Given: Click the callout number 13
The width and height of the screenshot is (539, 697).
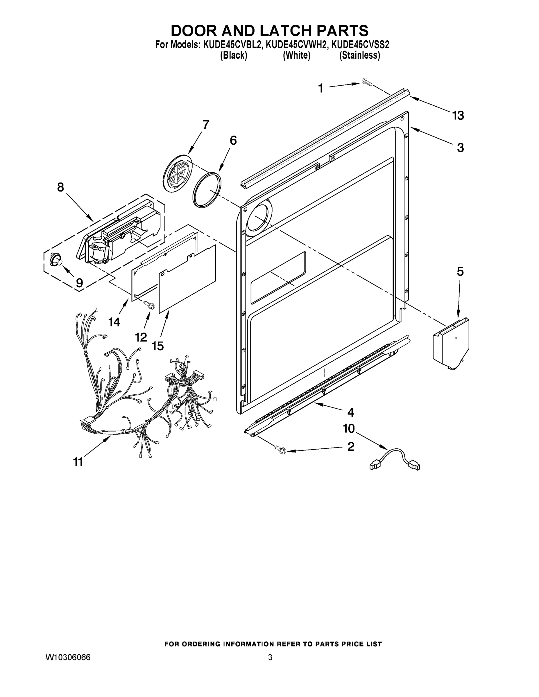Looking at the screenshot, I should (458, 115).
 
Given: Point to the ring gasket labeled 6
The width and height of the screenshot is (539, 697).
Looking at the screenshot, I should (207, 190).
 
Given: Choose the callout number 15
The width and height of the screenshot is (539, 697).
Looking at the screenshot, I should (158, 346).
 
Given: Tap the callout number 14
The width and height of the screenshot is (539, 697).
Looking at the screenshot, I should (114, 322).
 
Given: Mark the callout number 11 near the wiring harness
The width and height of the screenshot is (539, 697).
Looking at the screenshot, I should (78, 462).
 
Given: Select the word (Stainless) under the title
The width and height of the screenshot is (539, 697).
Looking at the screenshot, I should (359, 55).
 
